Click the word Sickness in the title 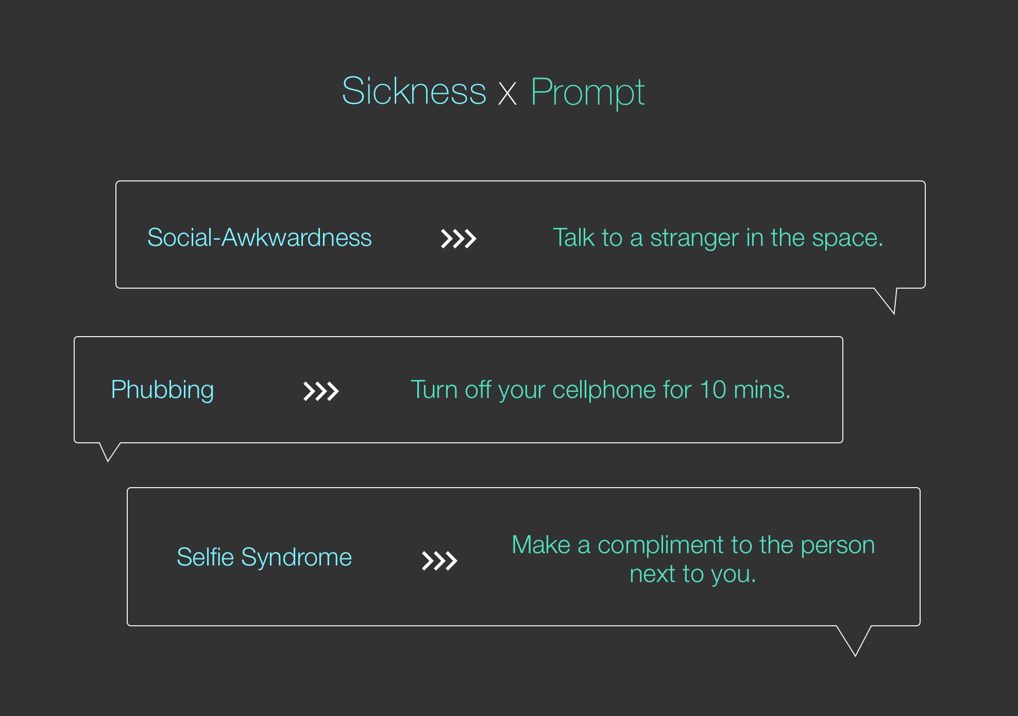[x=414, y=91]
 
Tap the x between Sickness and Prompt [x=507, y=94]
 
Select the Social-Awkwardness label [x=260, y=238]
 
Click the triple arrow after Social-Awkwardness [x=459, y=239]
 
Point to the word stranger [x=694, y=238]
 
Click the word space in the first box [x=845, y=239]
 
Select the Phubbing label [x=162, y=390]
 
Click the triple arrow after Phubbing [x=321, y=391]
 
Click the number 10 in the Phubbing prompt [x=712, y=390]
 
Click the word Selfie [x=206, y=557]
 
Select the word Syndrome [x=297, y=558]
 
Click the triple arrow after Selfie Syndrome [x=439, y=561]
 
